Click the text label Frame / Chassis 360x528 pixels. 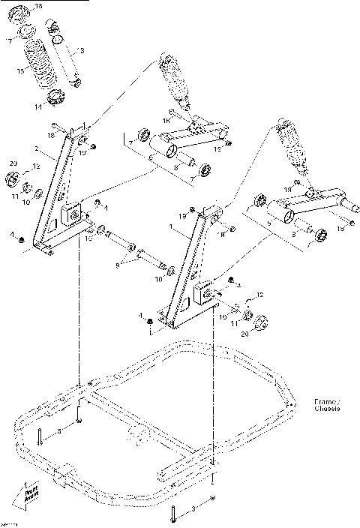[326, 406]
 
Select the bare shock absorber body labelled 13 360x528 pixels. [65, 52]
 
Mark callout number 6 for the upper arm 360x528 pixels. [151, 159]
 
